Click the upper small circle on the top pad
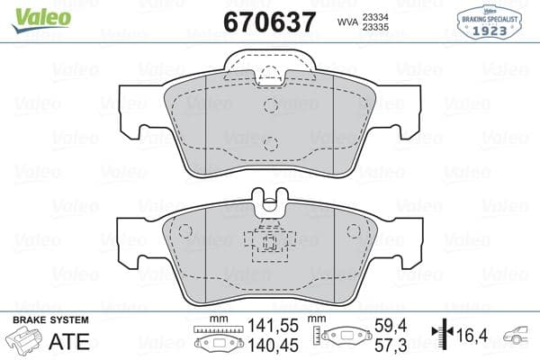(x=270, y=105)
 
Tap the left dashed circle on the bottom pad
(x=187, y=231)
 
